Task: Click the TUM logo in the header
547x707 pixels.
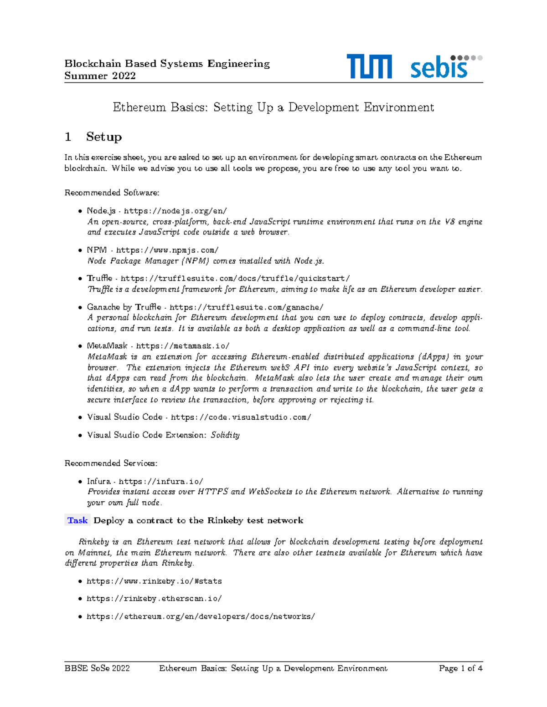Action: tap(369, 66)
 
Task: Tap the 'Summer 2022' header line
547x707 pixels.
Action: tap(100, 76)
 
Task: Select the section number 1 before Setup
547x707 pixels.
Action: tap(68, 137)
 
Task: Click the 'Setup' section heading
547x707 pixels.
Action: tap(104, 137)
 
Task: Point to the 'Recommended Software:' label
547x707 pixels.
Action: tap(112, 193)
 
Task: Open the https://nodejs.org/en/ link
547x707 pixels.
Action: tap(175, 211)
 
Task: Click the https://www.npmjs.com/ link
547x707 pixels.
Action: tap(167, 250)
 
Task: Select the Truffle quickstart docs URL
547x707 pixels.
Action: tap(235, 278)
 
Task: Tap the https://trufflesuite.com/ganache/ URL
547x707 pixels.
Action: tap(246, 307)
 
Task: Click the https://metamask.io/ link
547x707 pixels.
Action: tap(183, 346)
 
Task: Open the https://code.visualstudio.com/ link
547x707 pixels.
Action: tap(241, 417)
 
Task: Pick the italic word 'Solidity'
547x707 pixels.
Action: tap(225, 435)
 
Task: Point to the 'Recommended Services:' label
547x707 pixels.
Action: tap(111, 463)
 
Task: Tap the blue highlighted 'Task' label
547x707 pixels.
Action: tap(77, 520)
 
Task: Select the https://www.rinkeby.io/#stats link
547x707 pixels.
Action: tap(154, 581)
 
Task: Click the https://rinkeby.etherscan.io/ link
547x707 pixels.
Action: tap(154, 599)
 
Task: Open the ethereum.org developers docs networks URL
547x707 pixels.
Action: tap(201, 616)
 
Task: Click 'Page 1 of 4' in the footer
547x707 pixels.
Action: tap(460, 668)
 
